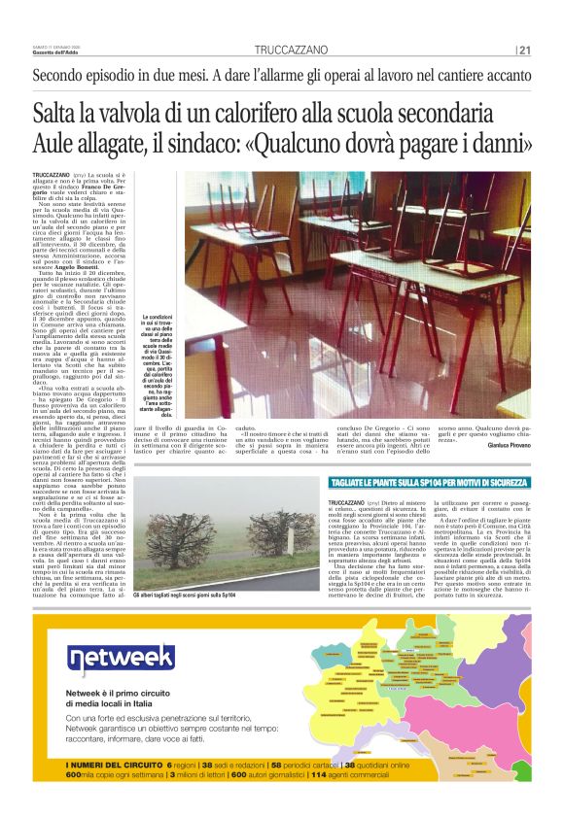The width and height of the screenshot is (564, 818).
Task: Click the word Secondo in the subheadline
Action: point(64,75)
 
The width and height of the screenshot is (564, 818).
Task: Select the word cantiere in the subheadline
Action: point(463,75)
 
